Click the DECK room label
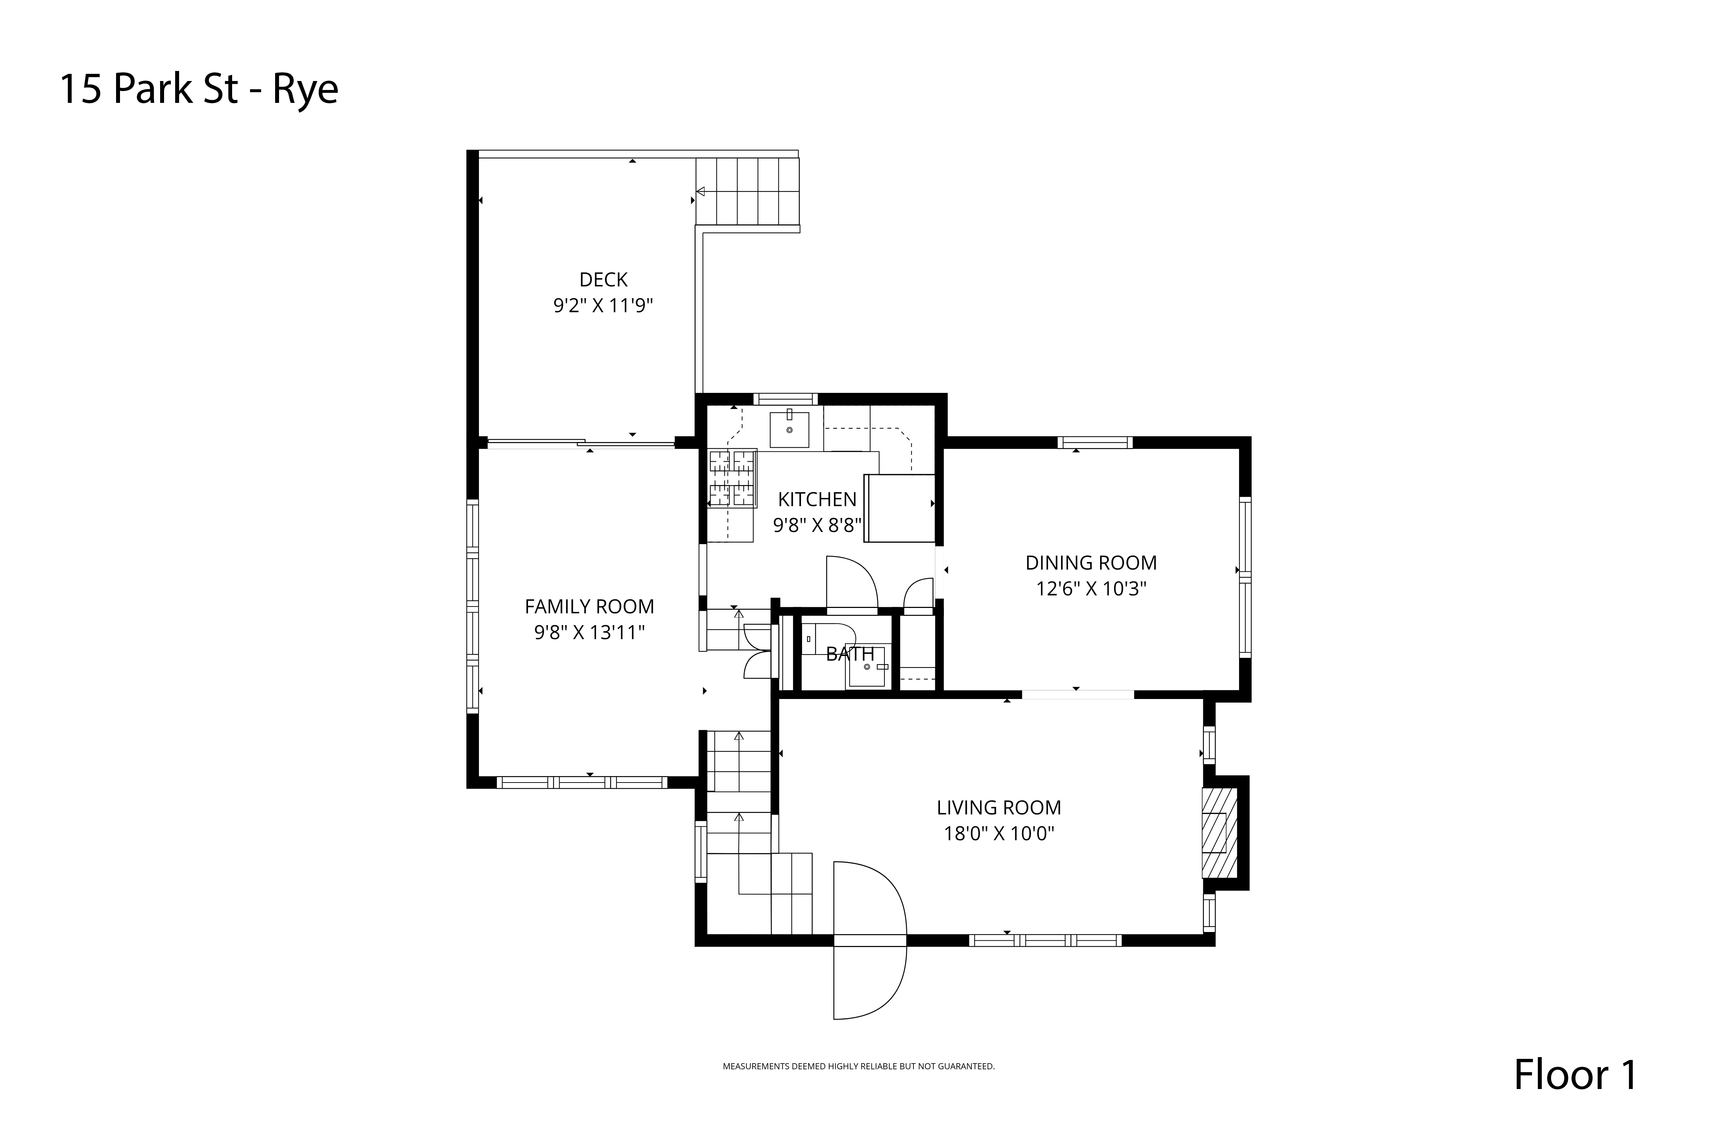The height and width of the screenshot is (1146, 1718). (x=603, y=280)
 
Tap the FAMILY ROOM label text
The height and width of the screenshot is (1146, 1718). (x=590, y=607)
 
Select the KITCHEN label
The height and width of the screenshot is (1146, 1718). (x=817, y=500)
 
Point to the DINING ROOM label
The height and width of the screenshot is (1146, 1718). (x=1091, y=563)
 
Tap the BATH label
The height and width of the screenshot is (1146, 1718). (x=850, y=654)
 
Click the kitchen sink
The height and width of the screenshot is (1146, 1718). (x=790, y=430)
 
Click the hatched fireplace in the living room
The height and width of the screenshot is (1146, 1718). (x=1220, y=832)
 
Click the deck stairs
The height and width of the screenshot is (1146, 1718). (x=747, y=191)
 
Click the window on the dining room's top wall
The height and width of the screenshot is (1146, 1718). (x=1095, y=442)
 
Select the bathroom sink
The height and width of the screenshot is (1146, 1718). (x=867, y=666)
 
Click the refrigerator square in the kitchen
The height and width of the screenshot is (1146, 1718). (x=899, y=508)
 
